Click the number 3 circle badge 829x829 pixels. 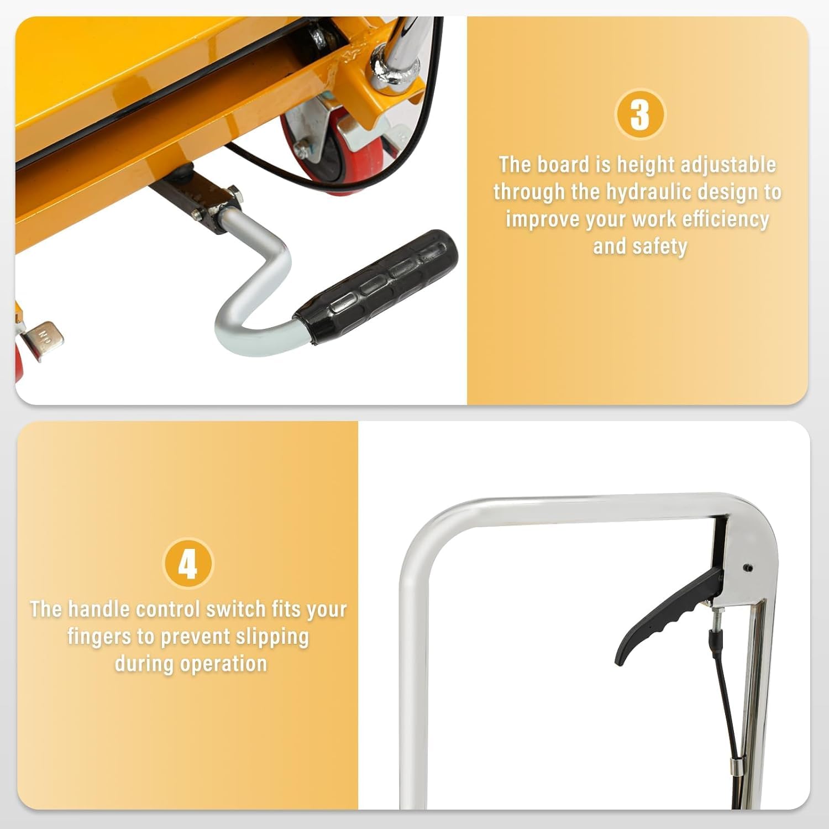(x=640, y=114)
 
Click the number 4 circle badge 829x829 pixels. (x=188, y=564)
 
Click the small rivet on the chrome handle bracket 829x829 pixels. (x=748, y=568)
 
